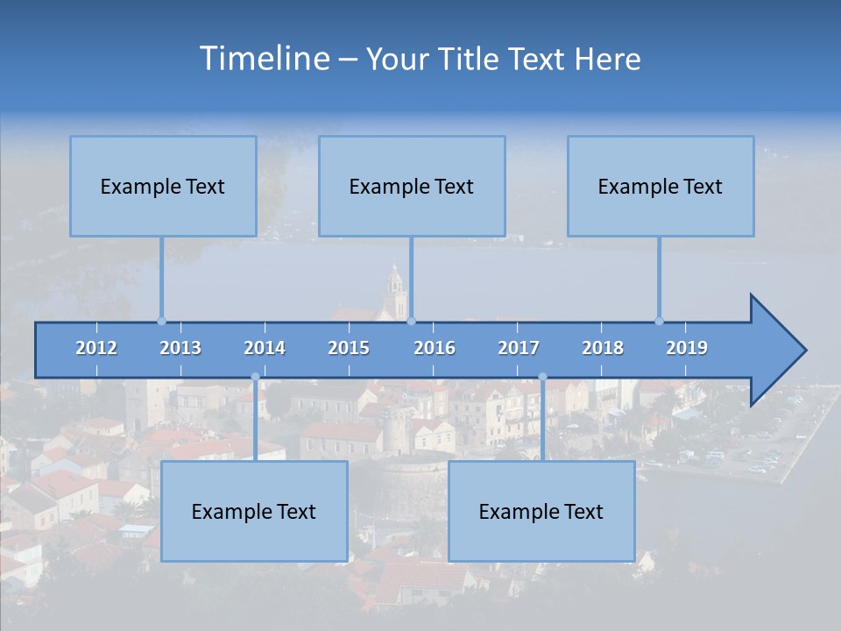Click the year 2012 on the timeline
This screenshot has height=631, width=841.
point(96,348)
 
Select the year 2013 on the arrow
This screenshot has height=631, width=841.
point(180,348)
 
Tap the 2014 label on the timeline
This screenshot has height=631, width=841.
point(265,348)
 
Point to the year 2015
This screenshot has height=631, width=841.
point(349,348)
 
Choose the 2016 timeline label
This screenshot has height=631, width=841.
point(435,348)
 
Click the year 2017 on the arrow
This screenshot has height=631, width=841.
point(519,348)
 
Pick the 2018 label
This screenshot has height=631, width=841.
point(603,348)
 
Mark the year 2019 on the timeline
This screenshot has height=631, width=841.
point(687,348)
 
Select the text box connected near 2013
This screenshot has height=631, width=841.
point(163,186)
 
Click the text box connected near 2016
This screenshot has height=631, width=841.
point(412,186)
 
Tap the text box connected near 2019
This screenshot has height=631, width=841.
point(661,186)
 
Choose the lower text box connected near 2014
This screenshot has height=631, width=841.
point(254,511)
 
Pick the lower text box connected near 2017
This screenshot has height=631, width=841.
point(541,511)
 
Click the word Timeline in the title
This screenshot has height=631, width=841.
point(264,59)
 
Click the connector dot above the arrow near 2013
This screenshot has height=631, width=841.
point(161,321)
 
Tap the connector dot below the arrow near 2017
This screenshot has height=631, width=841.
point(542,377)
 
